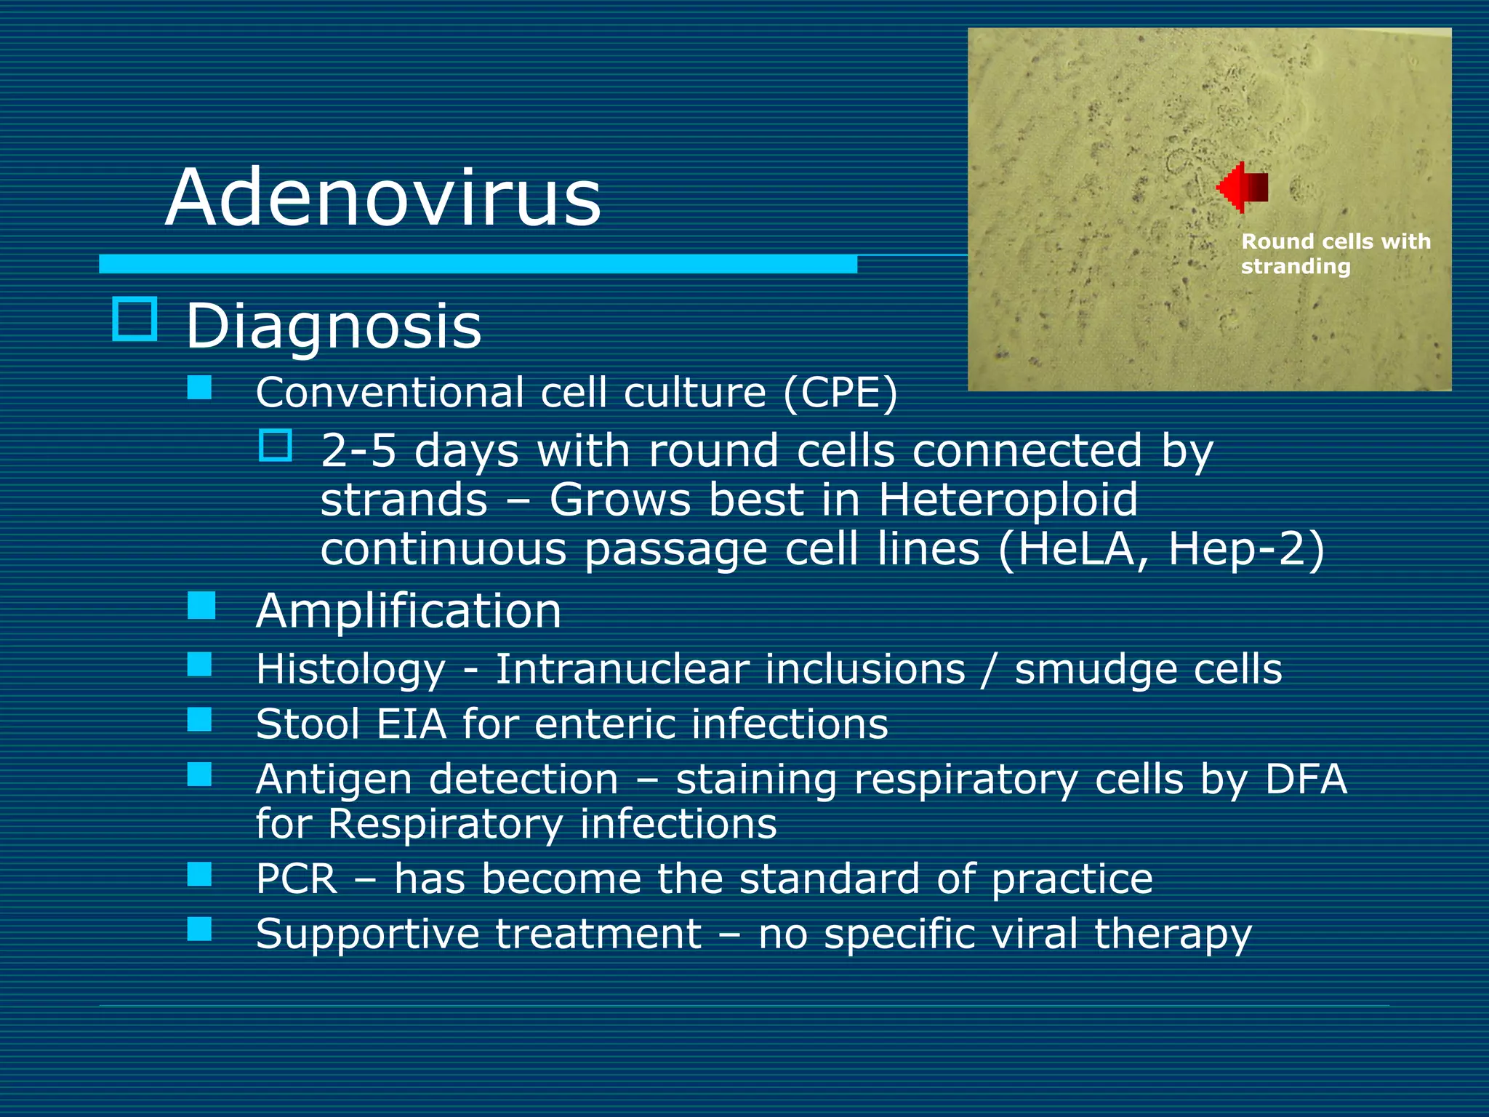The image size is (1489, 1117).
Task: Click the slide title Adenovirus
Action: (383, 198)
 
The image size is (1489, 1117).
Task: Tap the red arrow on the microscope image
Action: (1243, 187)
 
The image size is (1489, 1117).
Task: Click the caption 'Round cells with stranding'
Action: (1335, 253)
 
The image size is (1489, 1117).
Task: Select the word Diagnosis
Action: (333, 327)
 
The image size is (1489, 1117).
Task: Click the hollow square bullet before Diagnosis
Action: (135, 319)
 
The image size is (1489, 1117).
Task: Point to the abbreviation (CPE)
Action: (840, 393)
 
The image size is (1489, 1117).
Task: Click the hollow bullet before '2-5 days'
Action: (276, 445)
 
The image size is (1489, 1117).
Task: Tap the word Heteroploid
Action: (1008, 500)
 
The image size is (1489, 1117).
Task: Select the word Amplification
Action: (409, 611)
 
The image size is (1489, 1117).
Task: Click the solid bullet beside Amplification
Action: (201, 605)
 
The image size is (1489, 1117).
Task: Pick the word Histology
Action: (350, 670)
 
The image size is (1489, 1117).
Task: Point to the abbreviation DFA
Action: (1306, 780)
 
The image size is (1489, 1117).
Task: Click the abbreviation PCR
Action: (297, 878)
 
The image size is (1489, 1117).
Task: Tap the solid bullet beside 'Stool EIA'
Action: (199, 719)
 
